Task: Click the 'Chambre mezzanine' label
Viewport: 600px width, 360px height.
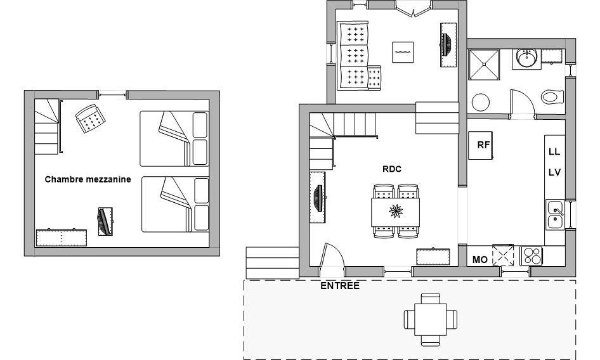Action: pos(88,179)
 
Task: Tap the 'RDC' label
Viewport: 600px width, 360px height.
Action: pos(392,169)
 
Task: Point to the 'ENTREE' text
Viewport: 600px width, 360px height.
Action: pos(340,286)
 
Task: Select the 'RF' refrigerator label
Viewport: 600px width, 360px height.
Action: pos(483,145)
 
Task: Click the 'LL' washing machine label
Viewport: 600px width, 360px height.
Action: pos(554,151)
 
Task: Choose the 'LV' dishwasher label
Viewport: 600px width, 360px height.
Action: pos(554,172)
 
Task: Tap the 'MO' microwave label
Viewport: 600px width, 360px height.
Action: pos(480,260)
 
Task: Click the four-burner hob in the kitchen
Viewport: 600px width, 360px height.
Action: pos(531,256)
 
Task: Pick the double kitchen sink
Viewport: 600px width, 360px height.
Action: pos(555,215)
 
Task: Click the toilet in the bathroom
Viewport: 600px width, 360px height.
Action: pos(552,97)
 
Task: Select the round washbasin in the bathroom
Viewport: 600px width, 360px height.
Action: pos(526,58)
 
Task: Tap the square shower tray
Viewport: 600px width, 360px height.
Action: pos(484,65)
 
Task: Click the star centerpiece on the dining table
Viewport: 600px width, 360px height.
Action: pos(396,211)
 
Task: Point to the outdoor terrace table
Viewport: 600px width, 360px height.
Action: pos(431,319)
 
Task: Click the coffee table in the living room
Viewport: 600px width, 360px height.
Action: pos(403,52)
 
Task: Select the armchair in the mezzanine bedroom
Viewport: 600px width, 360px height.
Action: pos(90,119)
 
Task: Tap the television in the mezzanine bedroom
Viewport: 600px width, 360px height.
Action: pos(105,221)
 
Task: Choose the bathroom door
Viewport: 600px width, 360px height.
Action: pos(523,102)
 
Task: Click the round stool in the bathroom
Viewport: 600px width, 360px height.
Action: pos(481,103)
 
